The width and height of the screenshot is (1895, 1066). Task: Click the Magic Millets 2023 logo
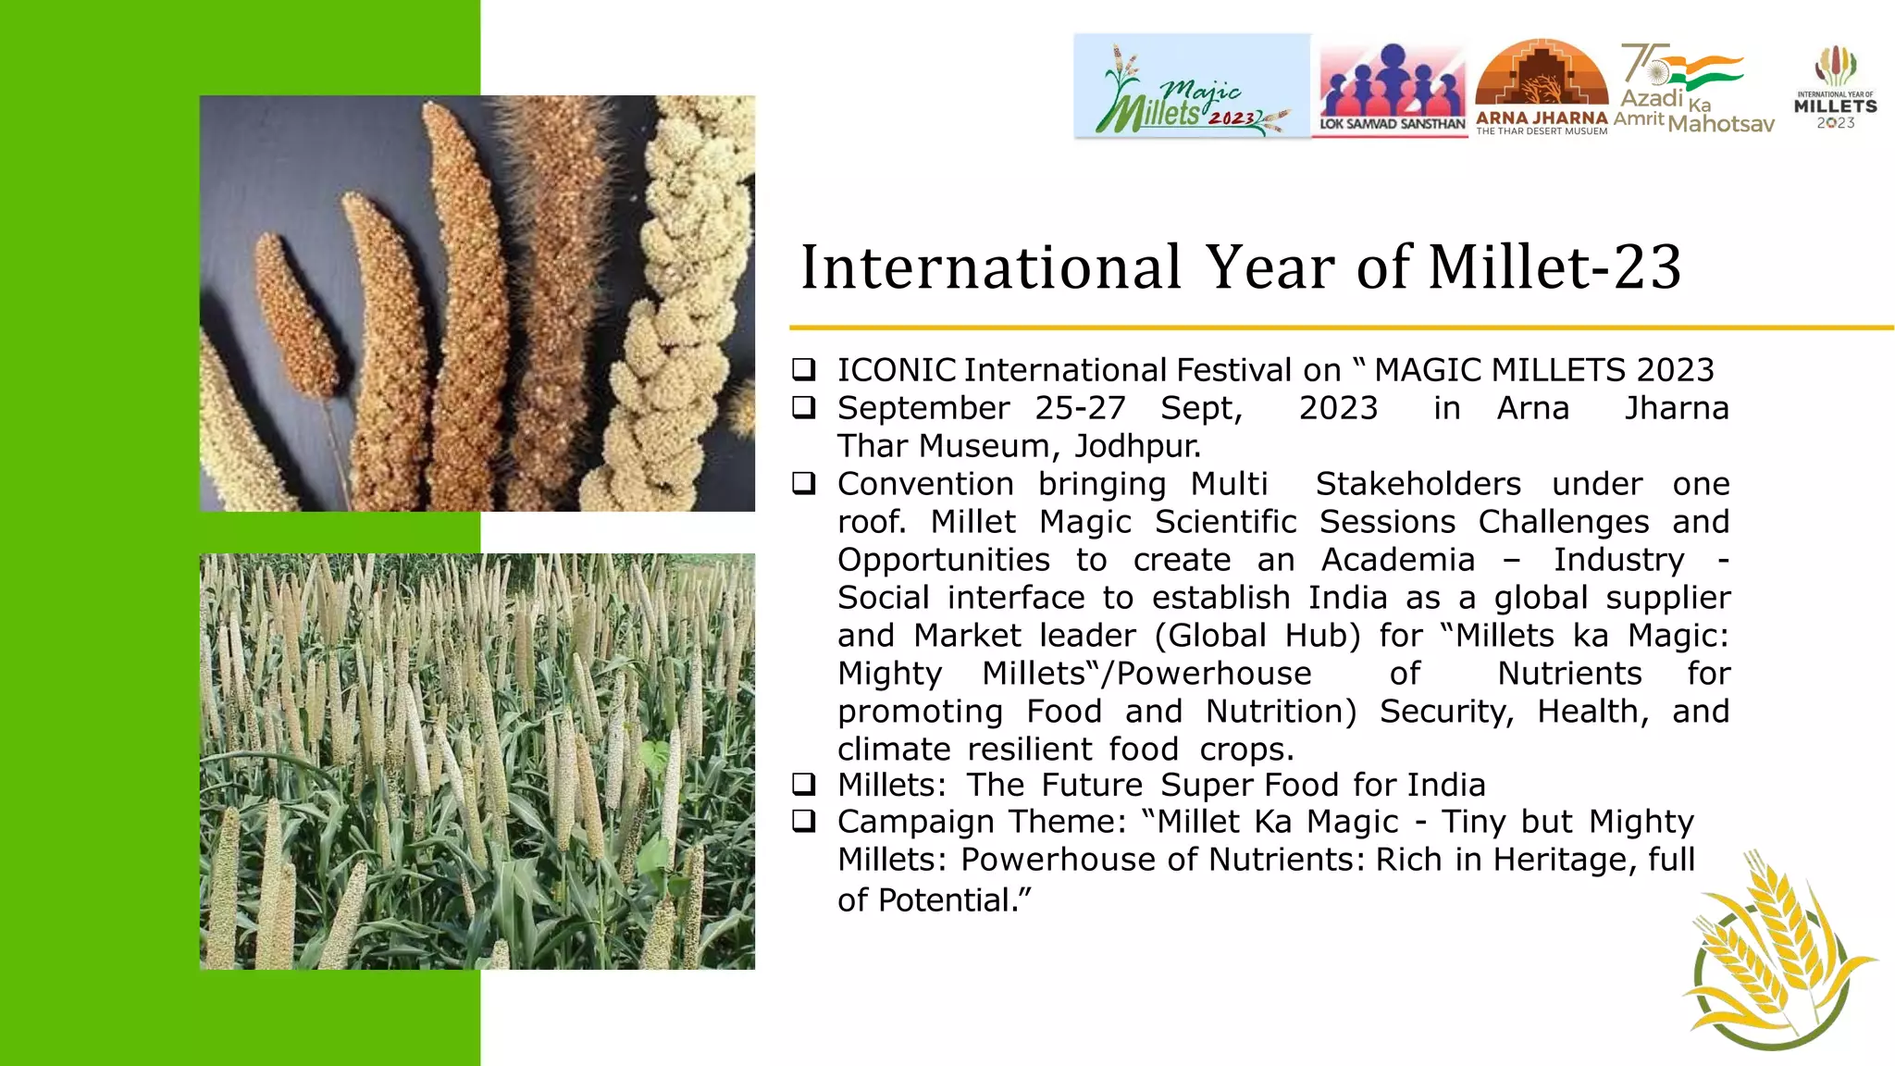[x=1192, y=86]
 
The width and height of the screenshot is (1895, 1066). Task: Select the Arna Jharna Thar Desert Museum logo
[x=1541, y=87]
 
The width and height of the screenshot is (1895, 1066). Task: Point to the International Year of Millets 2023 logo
[x=1835, y=88]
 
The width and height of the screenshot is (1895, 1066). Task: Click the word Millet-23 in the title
[x=1554, y=267]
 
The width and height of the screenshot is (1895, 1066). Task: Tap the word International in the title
[x=990, y=267]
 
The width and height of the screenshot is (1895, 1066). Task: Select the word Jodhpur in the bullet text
[x=1136, y=446]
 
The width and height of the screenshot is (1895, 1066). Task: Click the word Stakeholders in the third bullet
[x=1418, y=484]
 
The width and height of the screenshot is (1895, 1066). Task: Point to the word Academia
[x=1397, y=560]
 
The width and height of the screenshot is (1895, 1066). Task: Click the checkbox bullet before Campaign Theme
[x=804, y=821]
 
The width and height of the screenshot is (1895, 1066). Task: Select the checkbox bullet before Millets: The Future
[x=804, y=785]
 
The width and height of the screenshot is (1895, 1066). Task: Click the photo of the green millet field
[x=477, y=761]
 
